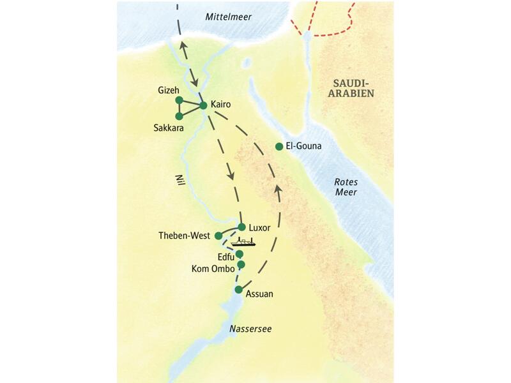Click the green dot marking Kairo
point(203,105)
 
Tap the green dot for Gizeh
point(179,100)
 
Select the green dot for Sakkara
point(179,116)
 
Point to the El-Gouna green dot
point(278,147)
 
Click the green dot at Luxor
point(242,227)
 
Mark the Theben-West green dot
point(218,236)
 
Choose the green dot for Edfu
point(240,254)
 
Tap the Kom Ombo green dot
point(241,264)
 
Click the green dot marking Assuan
point(238,290)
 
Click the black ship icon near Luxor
point(243,241)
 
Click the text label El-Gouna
point(303,146)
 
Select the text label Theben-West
point(185,236)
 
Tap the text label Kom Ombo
point(213,269)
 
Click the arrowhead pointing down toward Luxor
point(231,174)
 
